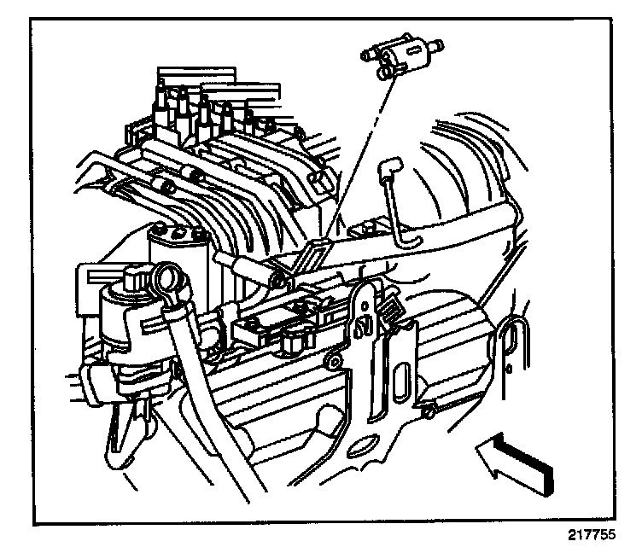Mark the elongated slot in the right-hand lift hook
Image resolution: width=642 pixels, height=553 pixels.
point(511,337)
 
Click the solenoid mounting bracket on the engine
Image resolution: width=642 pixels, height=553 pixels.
point(315,253)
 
